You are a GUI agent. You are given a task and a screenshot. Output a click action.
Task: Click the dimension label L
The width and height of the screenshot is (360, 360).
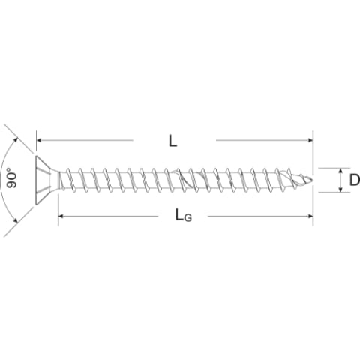[172, 141]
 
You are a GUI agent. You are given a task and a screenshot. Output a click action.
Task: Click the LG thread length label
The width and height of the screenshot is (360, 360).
[184, 215]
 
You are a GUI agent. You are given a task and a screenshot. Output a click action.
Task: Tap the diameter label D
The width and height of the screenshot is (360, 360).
[355, 180]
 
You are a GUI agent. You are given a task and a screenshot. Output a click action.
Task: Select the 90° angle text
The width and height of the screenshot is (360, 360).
[11, 178]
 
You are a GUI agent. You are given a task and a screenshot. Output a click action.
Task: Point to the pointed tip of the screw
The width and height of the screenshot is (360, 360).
[312, 179]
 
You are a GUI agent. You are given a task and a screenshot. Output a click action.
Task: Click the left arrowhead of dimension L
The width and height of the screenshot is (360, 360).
[39, 140]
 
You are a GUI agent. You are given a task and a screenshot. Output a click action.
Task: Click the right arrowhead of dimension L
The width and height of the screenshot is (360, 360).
[310, 140]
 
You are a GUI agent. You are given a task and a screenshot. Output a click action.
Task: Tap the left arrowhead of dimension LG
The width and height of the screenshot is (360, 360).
[61, 216]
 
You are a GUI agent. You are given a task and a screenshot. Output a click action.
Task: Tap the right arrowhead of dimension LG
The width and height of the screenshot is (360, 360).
[310, 216]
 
